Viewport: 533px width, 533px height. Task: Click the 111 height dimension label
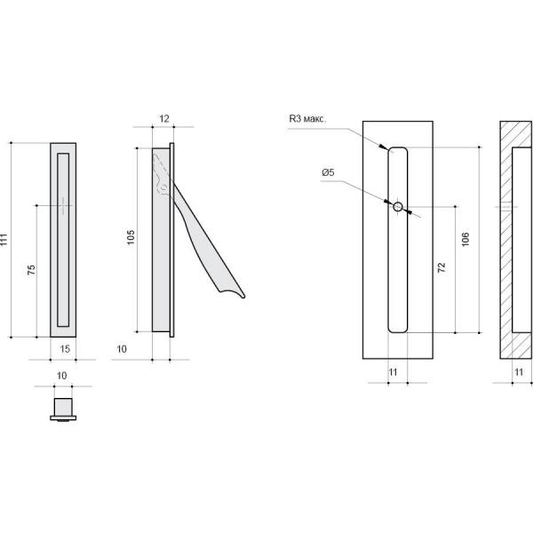(x=4, y=240)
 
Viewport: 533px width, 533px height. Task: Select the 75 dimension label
(x=31, y=270)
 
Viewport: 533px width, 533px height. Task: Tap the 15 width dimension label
(x=65, y=349)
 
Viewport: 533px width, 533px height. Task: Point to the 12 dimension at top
(x=164, y=119)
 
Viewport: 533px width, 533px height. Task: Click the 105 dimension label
(x=131, y=237)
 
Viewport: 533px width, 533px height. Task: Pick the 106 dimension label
(x=465, y=239)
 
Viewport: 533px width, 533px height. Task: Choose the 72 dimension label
(x=442, y=267)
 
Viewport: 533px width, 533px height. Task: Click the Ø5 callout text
(x=328, y=172)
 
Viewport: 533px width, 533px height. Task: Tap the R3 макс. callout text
(x=307, y=119)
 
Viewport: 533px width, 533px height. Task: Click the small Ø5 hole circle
(x=398, y=206)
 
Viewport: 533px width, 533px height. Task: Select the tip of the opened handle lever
(x=243, y=297)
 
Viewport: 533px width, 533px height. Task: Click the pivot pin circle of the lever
(x=164, y=187)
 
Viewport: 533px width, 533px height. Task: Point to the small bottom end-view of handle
(x=63, y=410)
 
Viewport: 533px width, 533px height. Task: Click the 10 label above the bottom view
(x=61, y=376)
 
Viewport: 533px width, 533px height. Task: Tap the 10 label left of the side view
(x=122, y=349)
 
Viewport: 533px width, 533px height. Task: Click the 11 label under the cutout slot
(x=393, y=372)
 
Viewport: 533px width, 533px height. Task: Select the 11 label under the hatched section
(x=519, y=372)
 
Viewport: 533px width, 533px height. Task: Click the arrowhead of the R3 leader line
(x=384, y=147)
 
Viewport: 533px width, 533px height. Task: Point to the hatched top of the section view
(x=515, y=134)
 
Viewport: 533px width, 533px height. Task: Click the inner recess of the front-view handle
(x=63, y=240)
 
